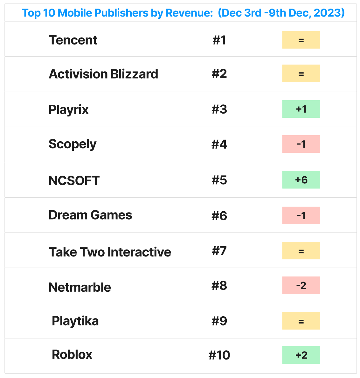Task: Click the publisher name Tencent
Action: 73,40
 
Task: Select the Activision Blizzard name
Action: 103,74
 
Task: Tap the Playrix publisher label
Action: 69,110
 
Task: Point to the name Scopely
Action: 73,144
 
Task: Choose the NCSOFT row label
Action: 74,180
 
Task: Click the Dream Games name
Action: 90,215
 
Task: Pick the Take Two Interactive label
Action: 110,252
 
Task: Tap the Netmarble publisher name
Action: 80,287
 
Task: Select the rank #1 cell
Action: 219,40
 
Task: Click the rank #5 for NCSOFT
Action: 219,180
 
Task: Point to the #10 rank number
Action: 219,355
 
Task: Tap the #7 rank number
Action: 219,251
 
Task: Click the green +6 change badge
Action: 301,180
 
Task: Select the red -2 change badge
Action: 301,285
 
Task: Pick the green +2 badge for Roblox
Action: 301,355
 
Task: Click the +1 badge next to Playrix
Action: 301,109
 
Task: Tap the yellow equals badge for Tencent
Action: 301,40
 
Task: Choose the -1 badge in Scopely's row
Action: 301,144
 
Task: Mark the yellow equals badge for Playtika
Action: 301,321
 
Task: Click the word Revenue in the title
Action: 189,13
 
